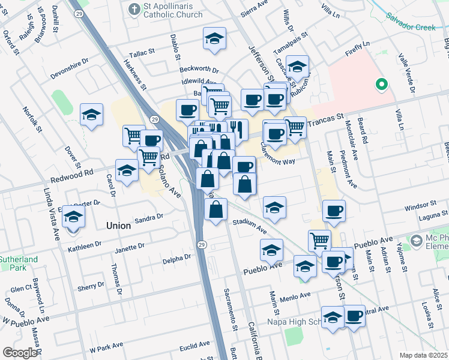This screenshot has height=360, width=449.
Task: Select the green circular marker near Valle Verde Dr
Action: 380,85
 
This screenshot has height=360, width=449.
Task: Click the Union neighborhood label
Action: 118,226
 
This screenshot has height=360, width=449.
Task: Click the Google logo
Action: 19,353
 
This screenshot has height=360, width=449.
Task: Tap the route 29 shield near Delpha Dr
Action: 202,244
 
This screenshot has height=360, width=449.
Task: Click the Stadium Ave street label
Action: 250,226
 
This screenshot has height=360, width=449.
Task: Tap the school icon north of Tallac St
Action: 214,39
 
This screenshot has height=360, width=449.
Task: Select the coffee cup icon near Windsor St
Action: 334,211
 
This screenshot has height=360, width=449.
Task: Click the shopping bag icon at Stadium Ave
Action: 216,209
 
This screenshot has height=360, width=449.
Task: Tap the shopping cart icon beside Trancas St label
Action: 295,127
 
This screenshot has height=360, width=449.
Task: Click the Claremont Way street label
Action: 278,152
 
